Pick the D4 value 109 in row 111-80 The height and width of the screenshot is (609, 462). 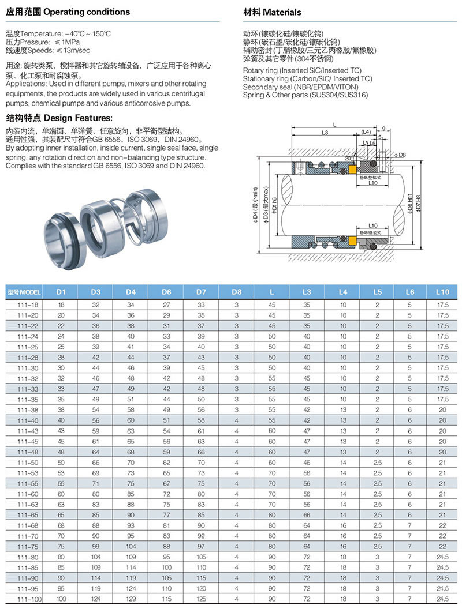[x=131, y=557]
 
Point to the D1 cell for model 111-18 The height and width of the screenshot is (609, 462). [x=61, y=304]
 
